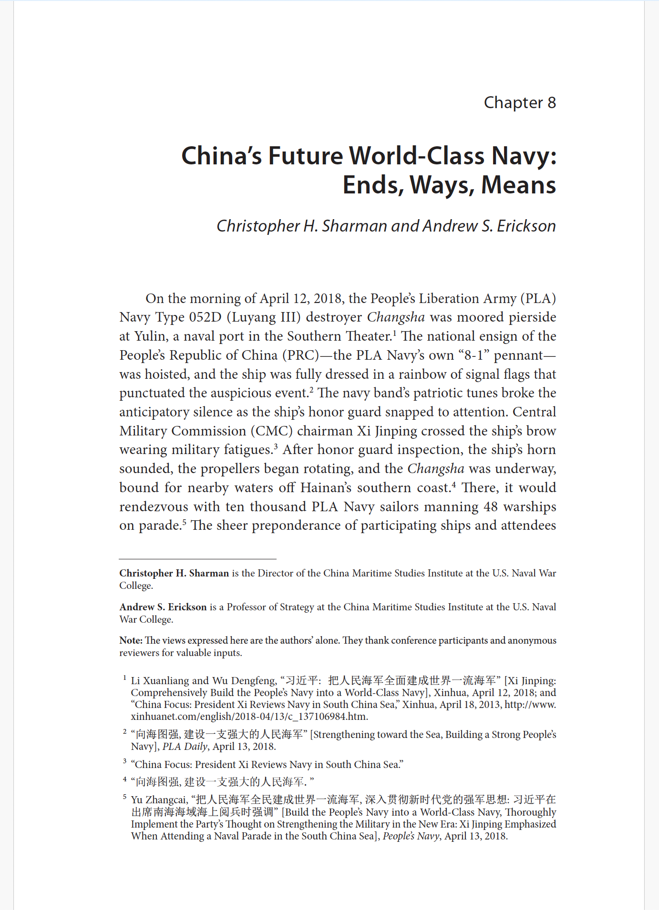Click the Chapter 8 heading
[519, 102]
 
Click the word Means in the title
[518, 185]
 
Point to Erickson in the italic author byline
[526, 226]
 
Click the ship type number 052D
[206, 317]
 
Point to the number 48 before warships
[491, 506]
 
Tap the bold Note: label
[131, 640]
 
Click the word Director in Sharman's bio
[275, 573]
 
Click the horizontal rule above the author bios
[197, 559]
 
